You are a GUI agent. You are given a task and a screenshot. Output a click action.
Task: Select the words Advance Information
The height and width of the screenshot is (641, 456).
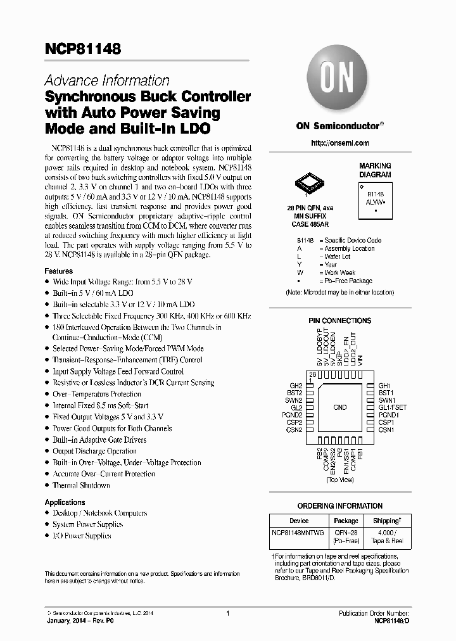point(107,80)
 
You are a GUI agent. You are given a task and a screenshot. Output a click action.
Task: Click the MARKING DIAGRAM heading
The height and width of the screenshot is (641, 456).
point(376,170)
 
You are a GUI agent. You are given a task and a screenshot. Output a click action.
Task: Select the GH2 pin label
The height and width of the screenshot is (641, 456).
point(296,385)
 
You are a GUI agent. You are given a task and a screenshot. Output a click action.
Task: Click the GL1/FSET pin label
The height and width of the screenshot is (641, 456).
point(393,407)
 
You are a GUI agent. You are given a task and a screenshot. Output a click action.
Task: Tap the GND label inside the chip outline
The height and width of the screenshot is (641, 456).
point(340,407)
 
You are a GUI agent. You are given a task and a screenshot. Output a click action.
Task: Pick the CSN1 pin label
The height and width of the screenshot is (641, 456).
point(386,430)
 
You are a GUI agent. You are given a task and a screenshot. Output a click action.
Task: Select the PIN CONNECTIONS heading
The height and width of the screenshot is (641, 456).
point(340,321)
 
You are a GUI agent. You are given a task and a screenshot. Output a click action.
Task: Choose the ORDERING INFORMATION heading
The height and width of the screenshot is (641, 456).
point(340,506)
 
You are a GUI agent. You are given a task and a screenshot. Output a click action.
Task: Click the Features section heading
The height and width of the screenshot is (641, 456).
point(59,270)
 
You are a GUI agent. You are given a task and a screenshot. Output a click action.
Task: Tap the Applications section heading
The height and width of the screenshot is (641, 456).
point(65,502)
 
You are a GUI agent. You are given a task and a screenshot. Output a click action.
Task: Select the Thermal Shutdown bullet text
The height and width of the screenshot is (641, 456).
point(81,485)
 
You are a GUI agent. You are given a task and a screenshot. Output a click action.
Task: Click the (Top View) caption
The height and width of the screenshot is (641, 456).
point(340,481)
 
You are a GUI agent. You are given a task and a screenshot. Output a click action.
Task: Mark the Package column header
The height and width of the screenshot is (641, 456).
point(346,521)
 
